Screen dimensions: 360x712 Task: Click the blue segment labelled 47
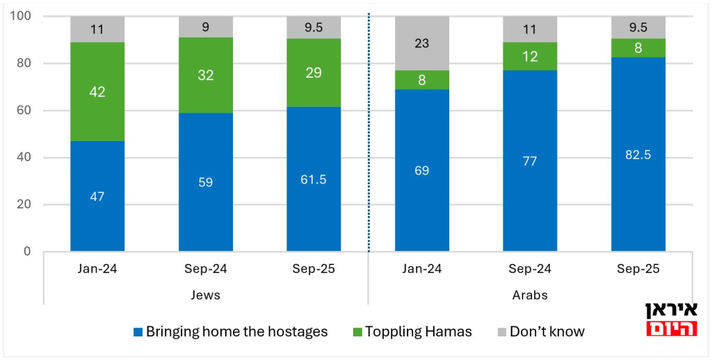coord(97,196)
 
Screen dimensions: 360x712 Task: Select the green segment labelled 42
coord(97,92)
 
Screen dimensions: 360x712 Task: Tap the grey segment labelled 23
coord(422,43)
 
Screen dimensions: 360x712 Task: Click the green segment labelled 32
coord(205,75)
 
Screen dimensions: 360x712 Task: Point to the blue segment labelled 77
coord(530,161)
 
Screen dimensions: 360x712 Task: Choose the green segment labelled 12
coord(530,56)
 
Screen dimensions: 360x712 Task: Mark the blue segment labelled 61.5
coord(314,179)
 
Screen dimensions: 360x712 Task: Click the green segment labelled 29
coord(314,72)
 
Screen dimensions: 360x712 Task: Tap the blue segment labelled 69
coord(422,170)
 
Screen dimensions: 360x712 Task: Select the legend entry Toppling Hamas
coord(410,332)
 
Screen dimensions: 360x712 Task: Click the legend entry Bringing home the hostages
coord(229,332)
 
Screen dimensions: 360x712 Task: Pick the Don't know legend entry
coord(539,332)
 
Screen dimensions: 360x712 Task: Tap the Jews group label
coord(205,295)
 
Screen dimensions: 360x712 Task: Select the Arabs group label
coord(530,295)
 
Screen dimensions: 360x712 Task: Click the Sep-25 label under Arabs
coord(638,269)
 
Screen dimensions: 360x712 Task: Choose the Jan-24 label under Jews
coord(97,269)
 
